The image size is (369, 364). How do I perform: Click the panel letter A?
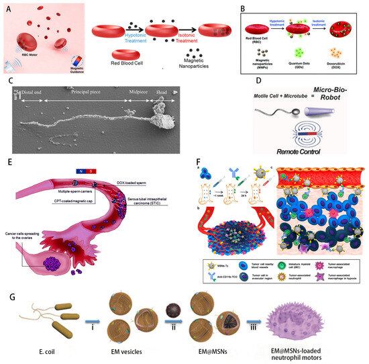pos(7,7)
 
